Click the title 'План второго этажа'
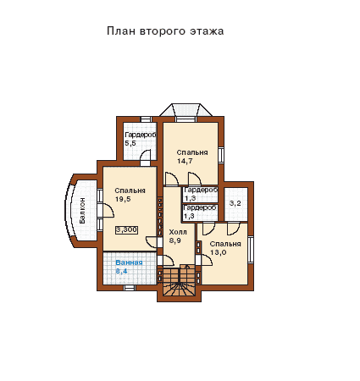165,30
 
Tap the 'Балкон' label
82,211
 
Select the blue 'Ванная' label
129,262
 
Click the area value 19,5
123,199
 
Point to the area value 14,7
185,161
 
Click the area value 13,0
219,252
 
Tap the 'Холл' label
178,232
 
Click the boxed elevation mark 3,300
126,230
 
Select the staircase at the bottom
179,281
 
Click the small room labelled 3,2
235,203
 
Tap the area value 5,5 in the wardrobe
130,143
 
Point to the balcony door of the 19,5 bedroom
108,210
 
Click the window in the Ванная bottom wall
130,288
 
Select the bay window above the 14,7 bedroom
186,110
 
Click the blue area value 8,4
121,272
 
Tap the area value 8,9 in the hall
175,240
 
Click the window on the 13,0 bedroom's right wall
251,250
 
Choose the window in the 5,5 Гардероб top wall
147,119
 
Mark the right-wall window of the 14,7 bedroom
221,155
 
